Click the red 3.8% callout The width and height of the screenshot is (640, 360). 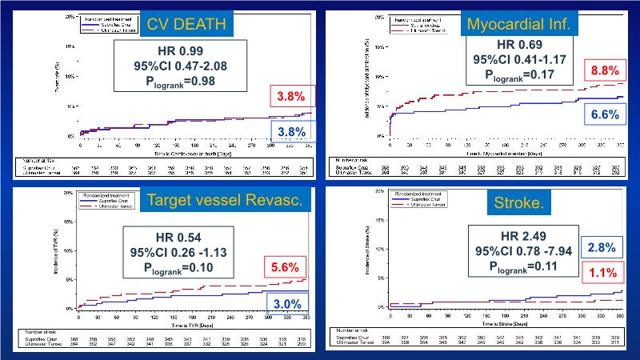point(290,97)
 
